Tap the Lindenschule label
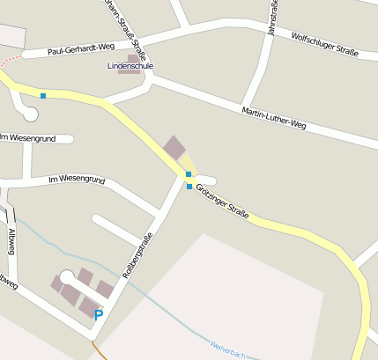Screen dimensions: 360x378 130,66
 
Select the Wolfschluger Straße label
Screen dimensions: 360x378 324,44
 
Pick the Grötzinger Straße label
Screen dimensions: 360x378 223,202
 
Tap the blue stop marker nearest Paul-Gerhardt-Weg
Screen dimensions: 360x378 42,95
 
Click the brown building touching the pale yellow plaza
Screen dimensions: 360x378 174,148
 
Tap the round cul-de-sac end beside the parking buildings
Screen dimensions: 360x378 67,276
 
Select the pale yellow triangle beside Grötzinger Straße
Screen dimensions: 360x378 188,164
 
